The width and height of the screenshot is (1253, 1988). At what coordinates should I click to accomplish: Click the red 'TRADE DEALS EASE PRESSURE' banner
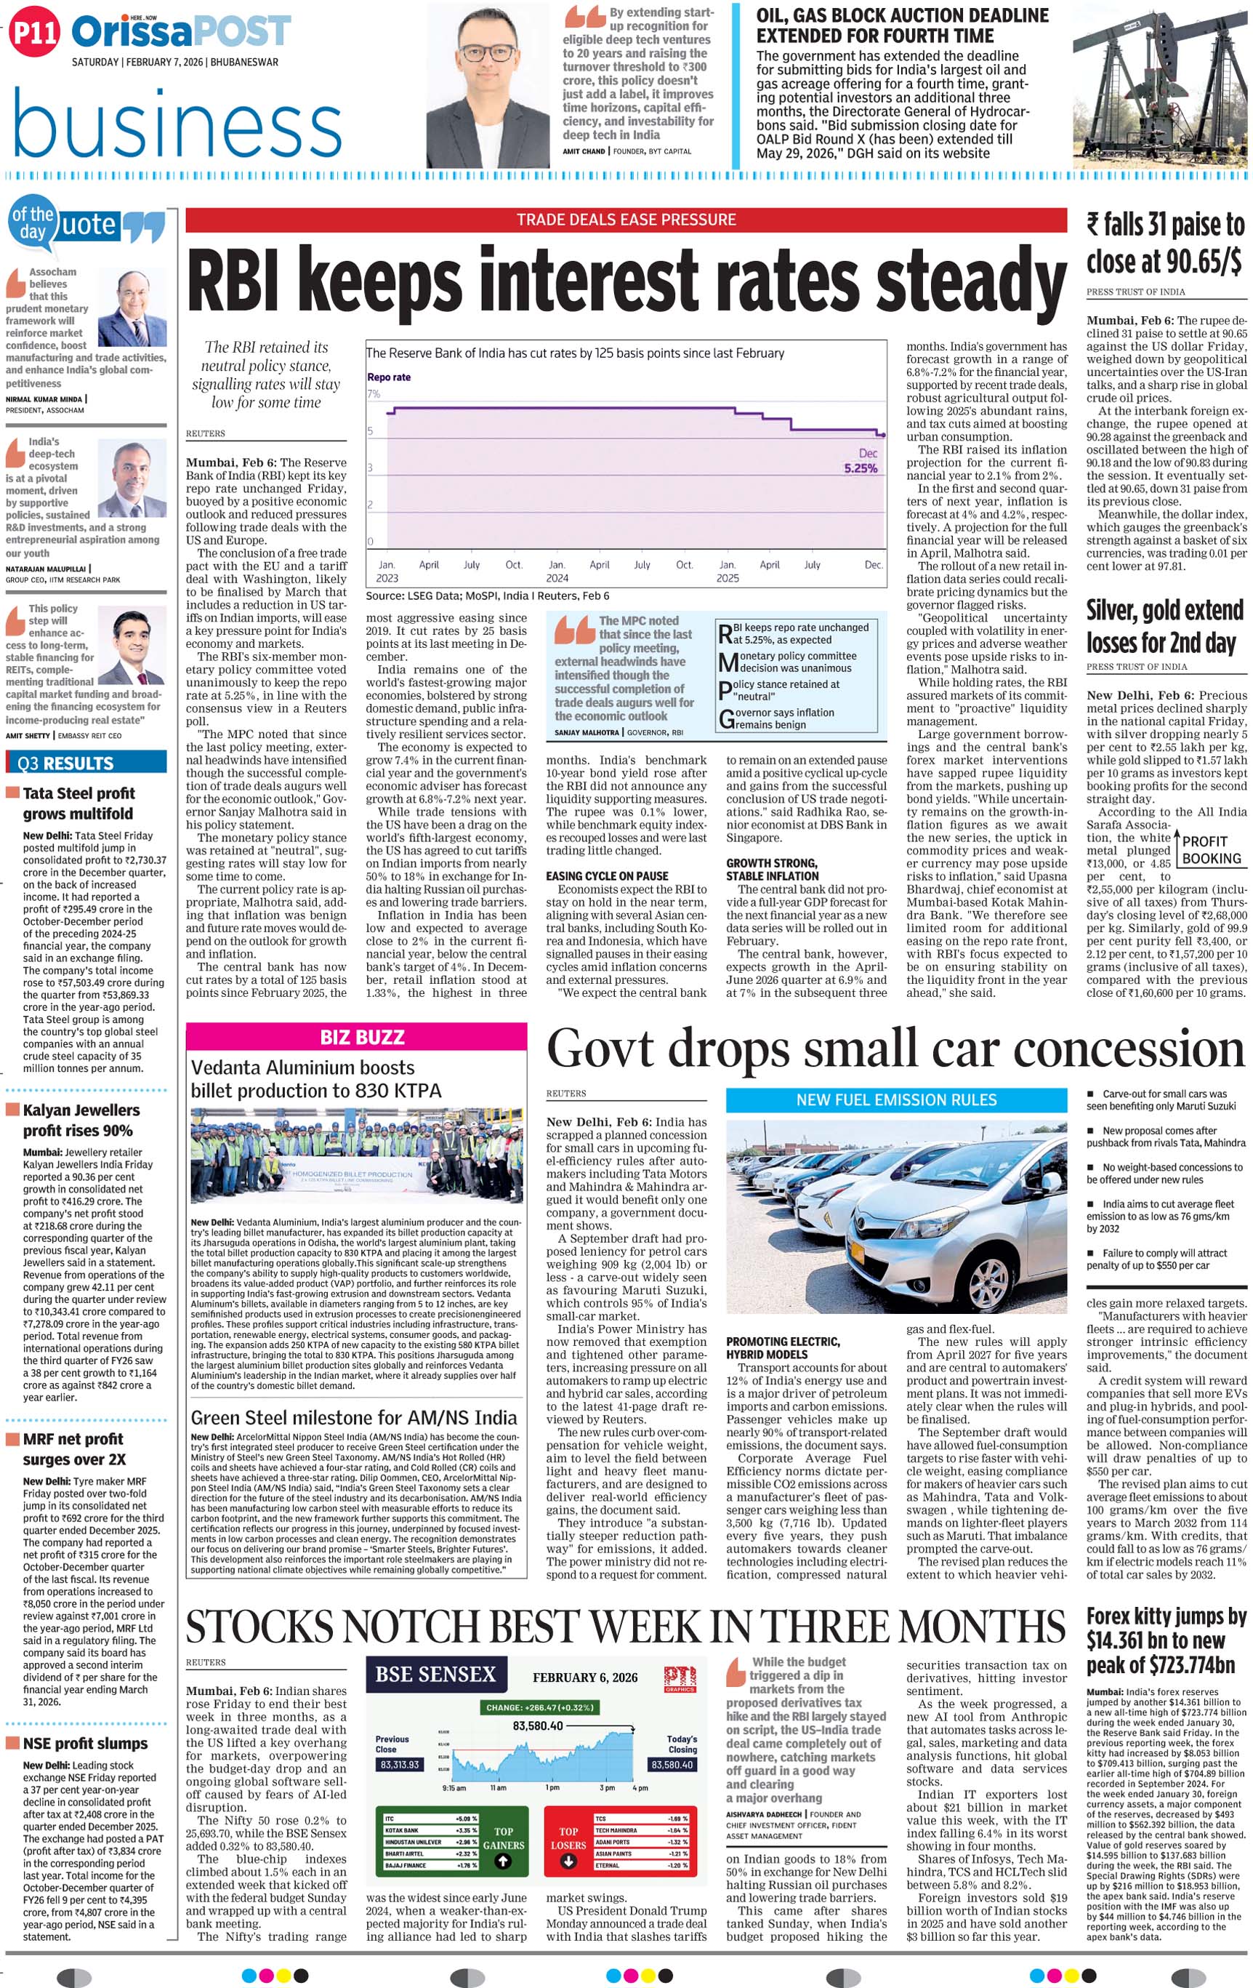[626, 220]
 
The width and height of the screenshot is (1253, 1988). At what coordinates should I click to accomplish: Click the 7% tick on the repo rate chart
[374, 394]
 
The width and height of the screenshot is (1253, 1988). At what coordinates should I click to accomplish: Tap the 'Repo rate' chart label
[389, 377]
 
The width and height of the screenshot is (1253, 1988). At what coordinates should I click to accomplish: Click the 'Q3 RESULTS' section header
[66, 763]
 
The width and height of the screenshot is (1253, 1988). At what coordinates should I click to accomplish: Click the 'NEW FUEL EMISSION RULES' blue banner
[895, 1099]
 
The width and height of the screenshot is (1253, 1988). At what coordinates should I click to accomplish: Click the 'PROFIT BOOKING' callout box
[1211, 849]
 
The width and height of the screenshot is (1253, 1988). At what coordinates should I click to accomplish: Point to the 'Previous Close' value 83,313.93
[400, 1764]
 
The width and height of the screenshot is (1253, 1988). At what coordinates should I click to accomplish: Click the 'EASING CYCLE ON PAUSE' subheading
[607, 876]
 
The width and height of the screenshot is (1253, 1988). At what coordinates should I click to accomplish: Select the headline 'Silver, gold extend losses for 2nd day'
[1164, 627]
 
